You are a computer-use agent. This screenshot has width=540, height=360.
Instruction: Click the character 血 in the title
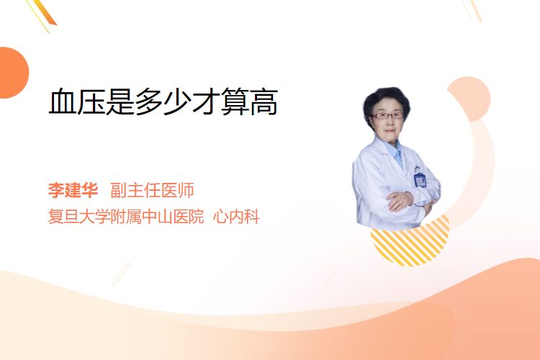pyautogui.click(x=63, y=102)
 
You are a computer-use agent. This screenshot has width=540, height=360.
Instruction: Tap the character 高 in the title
pyautogui.click(x=264, y=102)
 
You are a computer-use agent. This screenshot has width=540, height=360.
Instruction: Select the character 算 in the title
pyautogui.click(x=235, y=102)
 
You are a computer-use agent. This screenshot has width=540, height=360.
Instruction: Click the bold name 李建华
pyautogui.click(x=73, y=190)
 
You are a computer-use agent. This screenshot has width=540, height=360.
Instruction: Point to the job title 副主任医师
pyautogui.click(x=152, y=190)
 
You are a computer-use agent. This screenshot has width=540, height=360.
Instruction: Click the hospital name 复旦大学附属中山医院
pyautogui.click(x=126, y=217)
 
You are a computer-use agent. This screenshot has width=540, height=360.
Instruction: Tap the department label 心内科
pyautogui.click(x=236, y=217)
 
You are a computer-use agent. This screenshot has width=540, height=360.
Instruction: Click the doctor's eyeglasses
pyautogui.click(x=387, y=116)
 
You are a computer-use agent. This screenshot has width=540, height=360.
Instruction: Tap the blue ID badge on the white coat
pyautogui.click(x=420, y=179)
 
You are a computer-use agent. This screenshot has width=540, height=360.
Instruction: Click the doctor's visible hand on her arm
pyautogui.click(x=399, y=201)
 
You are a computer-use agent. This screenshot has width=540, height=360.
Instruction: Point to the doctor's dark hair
pyautogui.click(x=387, y=101)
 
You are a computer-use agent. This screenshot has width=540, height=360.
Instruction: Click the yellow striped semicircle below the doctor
pyautogui.click(x=410, y=242)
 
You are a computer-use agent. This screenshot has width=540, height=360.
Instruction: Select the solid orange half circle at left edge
pyautogui.click(x=13, y=73)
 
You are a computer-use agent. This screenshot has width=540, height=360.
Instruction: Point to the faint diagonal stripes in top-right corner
pyautogui.click(x=472, y=10)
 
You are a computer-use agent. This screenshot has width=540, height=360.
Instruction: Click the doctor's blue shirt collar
pyautogui.click(x=395, y=152)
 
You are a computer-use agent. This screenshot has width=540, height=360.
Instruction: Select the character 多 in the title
pyautogui.click(x=149, y=102)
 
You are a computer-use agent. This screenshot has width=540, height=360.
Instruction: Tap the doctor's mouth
pyautogui.click(x=390, y=130)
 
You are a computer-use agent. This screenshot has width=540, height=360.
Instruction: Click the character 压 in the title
pyautogui.click(x=91, y=102)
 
